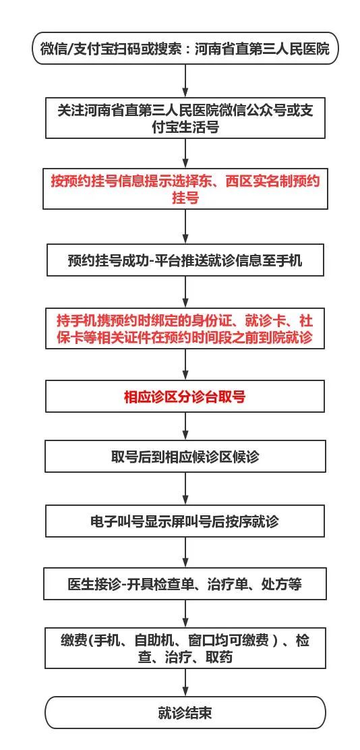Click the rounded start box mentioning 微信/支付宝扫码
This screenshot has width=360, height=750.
[185, 49]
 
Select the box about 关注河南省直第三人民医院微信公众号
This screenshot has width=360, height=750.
[185, 119]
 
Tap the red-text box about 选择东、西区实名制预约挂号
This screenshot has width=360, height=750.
[185, 189]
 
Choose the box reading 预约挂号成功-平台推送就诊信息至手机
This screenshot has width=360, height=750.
[185, 261]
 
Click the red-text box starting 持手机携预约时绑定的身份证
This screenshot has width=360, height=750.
[185, 328]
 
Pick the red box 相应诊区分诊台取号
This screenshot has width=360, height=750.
[185, 397]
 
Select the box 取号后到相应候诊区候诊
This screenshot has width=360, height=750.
[185, 457]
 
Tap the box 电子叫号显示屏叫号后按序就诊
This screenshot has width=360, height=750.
[185, 521]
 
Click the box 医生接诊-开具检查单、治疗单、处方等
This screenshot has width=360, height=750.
[185, 584]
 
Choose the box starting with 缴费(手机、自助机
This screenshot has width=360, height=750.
[185, 648]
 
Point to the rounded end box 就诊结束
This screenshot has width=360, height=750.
[185, 713]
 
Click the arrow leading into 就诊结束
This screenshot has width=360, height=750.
[185, 683]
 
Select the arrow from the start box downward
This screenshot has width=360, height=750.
[185, 82]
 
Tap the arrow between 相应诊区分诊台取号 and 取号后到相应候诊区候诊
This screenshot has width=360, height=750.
[185, 426]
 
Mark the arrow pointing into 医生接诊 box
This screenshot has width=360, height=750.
[185, 552]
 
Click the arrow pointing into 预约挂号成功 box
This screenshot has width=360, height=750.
[185, 227]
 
